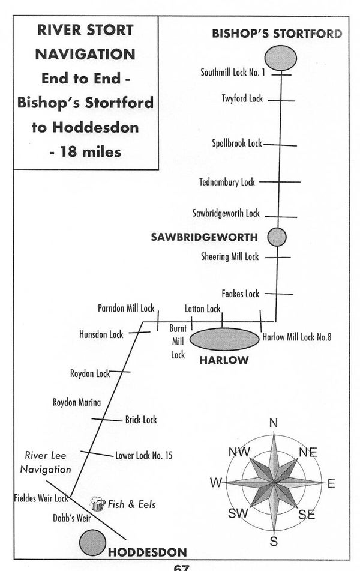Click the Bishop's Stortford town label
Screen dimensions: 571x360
(277, 34)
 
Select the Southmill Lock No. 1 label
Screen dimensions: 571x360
(233, 73)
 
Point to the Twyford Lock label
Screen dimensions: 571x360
(242, 98)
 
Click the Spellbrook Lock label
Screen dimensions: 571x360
(237, 144)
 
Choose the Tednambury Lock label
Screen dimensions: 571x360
(227, 182)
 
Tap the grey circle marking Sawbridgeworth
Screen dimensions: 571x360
(277, 237)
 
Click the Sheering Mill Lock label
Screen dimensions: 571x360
(230, 256)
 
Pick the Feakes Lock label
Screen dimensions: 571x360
(240, 294)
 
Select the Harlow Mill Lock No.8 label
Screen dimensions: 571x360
(297, 337)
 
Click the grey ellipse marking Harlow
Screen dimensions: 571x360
(224, 339)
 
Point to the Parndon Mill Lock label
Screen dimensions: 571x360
(126, 309)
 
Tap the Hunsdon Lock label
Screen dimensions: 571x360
(101, 335)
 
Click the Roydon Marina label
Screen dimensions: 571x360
(77, 402)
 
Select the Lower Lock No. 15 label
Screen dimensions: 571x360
(144, 456)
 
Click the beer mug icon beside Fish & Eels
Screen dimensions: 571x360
(97, 503)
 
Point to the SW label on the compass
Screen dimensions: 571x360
(237, 514)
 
